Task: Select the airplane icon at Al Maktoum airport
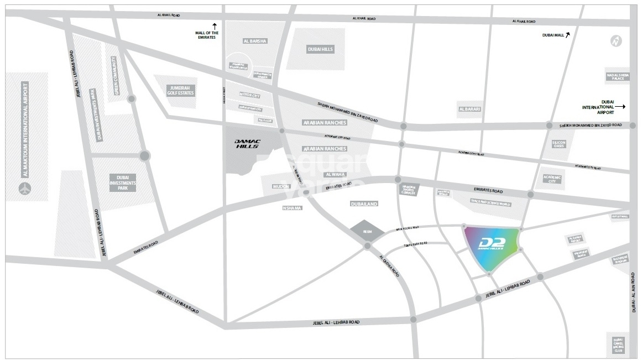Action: coord(24,188)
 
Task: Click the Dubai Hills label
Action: coord(320,49)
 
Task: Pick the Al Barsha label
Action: coord(255,41)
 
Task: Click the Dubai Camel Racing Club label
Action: coord(618,345)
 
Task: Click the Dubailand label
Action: coord(364,204)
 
